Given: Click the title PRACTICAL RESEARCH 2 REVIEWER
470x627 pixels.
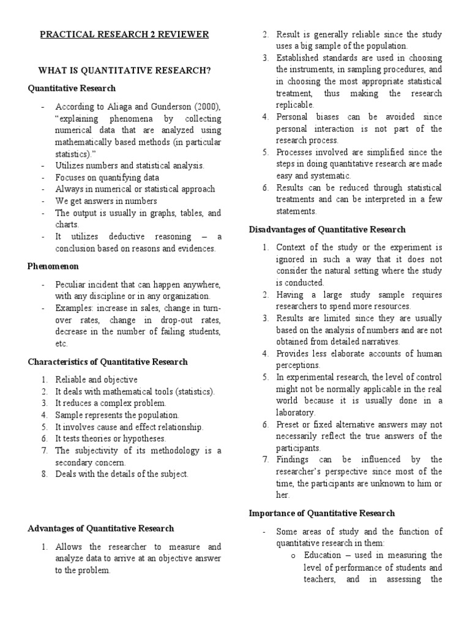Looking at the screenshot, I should click(x=124, y=34).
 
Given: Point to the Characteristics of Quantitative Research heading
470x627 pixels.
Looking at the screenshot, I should click(x=108, y=362).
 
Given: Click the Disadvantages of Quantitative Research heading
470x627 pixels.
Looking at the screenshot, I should click(x=327, y=230).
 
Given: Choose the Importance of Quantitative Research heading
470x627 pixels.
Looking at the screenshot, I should click(x=322, y=513).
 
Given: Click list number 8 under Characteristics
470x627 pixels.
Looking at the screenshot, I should click(x=45, y=474).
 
